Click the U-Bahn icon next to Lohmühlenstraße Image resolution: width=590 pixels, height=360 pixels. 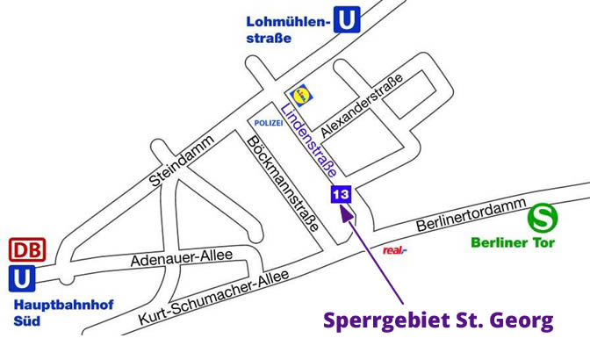click(x=348, y=20)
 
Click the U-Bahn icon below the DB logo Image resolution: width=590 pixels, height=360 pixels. click(x=22, y=279)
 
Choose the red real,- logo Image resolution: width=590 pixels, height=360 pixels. click(x=395, y=250)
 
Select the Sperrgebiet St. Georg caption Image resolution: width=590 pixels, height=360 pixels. click(x=438, y=320)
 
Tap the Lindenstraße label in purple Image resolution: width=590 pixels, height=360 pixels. click(x=310, y=140)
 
